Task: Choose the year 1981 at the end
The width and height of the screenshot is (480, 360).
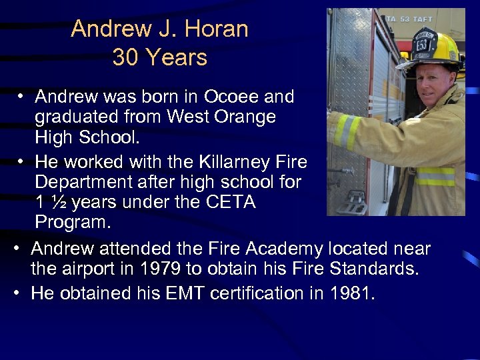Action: tap(351, 293)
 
